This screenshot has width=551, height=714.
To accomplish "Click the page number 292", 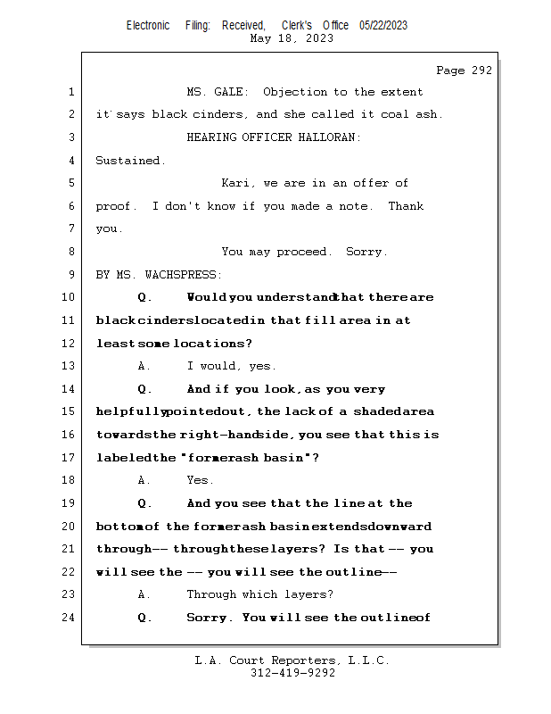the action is (x=481, y=71).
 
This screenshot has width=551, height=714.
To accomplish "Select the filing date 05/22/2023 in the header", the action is (x=383, y=25).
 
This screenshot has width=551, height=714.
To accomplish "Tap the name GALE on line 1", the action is (x=231, y=92).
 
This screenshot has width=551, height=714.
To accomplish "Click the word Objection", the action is (x=295, y=93).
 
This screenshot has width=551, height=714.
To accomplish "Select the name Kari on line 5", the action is (x=235, y=183).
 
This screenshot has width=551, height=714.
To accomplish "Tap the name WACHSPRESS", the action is (x=183, y=275).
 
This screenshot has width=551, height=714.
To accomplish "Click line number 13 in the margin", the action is (x=68, y=366).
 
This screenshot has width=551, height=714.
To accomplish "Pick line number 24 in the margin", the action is (x=68, y=618).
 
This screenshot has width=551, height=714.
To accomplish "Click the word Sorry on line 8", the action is (x=366, y=252).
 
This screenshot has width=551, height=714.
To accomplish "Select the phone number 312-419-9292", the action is (x=292, y=673).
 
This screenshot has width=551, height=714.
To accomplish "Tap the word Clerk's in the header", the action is (x=297, y=25).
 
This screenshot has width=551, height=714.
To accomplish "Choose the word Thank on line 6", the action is (x=406, y=206).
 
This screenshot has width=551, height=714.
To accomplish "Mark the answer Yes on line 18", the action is (x=200, y=480).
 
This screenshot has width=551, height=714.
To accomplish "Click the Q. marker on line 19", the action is (x=144, y=503).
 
